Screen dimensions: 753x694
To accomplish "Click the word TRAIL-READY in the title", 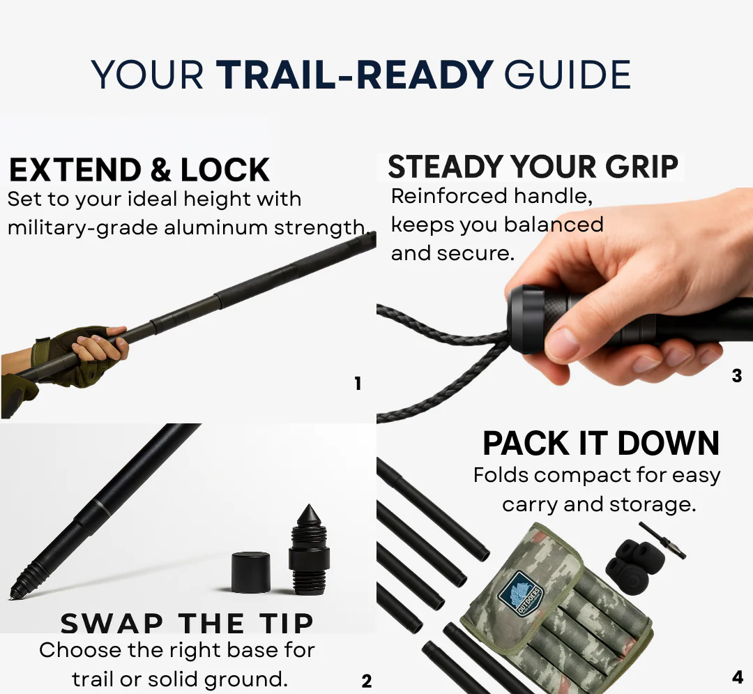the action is tap(354, 75).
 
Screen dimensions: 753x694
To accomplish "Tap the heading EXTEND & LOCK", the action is tap(139, 169).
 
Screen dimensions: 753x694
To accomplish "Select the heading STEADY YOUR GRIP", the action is tap(533, 167).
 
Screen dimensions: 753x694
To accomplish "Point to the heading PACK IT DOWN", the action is tap(601, 443).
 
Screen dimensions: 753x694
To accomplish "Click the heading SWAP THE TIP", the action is tap(187, 623).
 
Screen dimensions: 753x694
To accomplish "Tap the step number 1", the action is tap(357, 383).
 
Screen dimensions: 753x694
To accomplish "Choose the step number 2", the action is tap(367, 681).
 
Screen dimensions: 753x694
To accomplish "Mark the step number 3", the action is tap(737, 375).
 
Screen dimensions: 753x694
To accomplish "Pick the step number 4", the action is tap(738, 677).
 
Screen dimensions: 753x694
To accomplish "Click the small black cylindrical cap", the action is tap(250, 572).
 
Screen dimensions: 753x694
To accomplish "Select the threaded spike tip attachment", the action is tap(309, 548).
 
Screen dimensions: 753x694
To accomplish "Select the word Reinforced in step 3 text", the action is tap(450, 196).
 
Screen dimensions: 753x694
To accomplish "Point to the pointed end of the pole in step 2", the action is tap(10, 597).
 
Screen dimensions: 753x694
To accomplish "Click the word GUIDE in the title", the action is tap(567, 75).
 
